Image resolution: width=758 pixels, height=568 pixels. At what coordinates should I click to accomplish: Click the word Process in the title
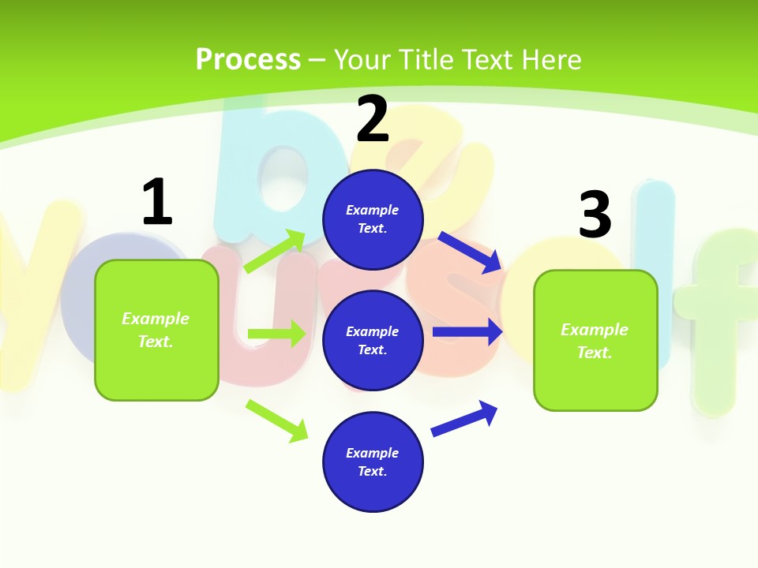[248, 59]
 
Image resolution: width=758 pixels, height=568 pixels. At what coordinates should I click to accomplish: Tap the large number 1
[156, 202]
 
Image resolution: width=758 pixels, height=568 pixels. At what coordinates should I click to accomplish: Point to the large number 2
[373, 119]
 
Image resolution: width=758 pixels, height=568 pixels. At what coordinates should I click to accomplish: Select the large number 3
[595, 215]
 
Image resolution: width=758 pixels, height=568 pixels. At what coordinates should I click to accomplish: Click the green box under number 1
[156, 330]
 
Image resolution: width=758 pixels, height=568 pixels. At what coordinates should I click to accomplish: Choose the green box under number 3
[595, 341]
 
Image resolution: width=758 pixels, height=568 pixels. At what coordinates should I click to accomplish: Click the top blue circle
[373, 219]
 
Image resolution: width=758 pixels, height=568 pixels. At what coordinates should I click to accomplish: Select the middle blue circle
[373, 341]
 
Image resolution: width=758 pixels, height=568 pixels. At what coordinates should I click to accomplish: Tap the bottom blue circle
[373, 462]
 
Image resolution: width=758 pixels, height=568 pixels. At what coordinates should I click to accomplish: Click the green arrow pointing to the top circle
[275, 252]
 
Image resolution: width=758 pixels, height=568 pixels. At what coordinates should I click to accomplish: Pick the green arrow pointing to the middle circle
[276, 334]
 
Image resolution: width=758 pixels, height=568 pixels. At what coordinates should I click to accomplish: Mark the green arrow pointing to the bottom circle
[276, 420]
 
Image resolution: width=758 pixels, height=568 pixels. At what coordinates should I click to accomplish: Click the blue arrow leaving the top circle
[469, 252]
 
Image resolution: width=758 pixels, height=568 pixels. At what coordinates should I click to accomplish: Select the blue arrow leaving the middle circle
[467, 332]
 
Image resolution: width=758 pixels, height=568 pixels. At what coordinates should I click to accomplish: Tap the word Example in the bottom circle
[373, 453]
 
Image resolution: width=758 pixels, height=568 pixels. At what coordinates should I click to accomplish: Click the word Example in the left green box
[156, 319]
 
